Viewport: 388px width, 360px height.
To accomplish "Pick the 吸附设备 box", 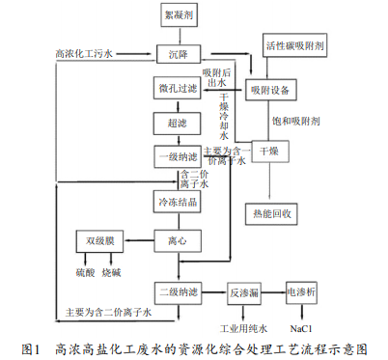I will tap(269, 90).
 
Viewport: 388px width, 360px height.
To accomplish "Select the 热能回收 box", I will tap(269, 212).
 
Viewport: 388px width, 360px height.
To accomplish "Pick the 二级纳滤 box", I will tap(177, 291).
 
